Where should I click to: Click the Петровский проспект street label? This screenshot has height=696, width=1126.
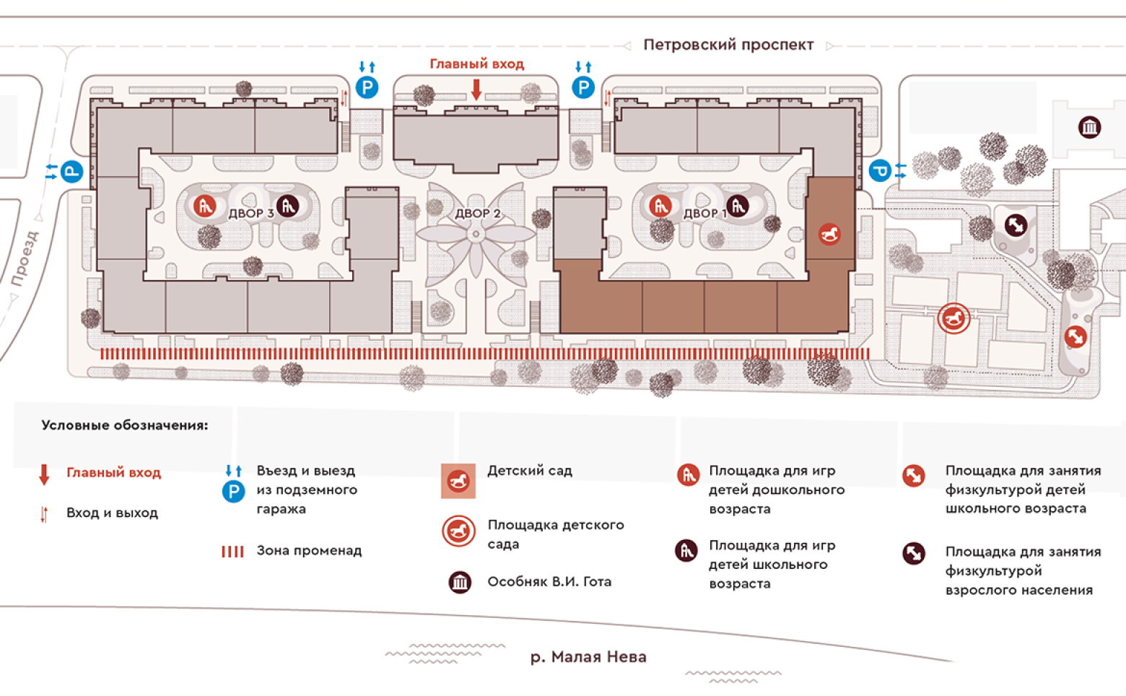[x=728, y=45]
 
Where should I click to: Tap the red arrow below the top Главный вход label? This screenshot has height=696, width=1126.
[x=476, y=90]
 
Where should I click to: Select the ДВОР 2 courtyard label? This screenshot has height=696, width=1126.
[x=477, y=214]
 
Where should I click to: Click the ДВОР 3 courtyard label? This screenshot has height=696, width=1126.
[x=250, y=214]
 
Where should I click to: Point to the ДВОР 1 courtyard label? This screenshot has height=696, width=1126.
[x=704, y=214]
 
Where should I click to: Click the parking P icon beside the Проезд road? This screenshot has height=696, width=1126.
[x=71, y=172]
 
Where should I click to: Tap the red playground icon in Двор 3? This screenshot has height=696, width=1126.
[x=205, y=206]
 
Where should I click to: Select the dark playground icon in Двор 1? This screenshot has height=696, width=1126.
[x=737, y=206]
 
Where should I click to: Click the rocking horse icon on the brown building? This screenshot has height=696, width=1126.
[x=829, y=234]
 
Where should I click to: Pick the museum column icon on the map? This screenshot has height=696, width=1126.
[x=1089, y=128]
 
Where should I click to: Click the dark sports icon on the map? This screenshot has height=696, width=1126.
[x=1015, y=225]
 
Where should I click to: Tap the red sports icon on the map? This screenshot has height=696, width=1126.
[x=1075, y=336]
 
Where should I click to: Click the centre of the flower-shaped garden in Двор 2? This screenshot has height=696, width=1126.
[x=476, y=235]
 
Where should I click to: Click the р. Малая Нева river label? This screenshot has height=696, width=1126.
[x=588, y=657]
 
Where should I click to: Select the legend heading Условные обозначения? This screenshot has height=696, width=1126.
[x=124, y=425]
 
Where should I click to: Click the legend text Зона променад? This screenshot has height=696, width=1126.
[x=309, y=551]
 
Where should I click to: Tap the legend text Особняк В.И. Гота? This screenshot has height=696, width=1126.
[x=549, y=582]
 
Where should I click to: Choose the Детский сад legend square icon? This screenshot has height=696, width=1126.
[x=458, y=481]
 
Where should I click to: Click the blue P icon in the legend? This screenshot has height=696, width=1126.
[x=233, y=492]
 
